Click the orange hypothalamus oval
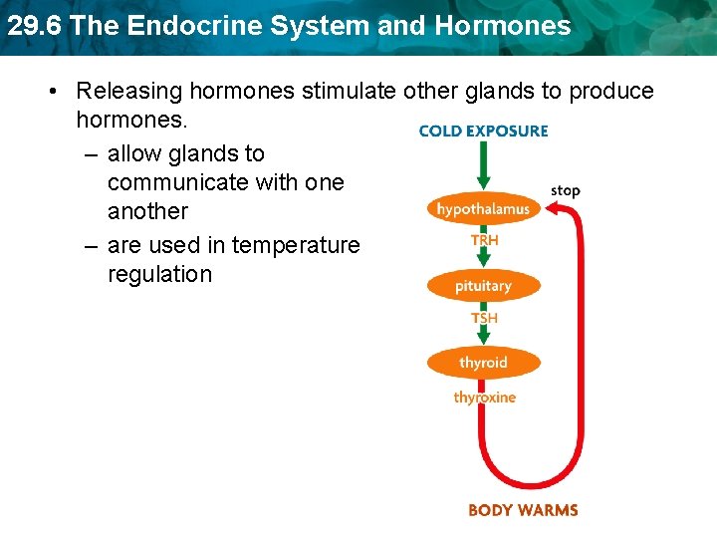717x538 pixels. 483,209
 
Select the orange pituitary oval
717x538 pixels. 483,286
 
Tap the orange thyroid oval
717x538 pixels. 483,363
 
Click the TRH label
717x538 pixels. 485,240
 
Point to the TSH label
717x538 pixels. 485,318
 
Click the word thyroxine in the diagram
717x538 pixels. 485,398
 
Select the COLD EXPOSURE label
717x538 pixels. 483,131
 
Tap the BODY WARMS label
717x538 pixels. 523,510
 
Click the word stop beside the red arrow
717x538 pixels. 565,190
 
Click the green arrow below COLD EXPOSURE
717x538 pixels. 483,164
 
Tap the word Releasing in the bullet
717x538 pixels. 126,91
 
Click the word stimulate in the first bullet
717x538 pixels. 351,91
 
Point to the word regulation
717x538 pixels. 159,274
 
